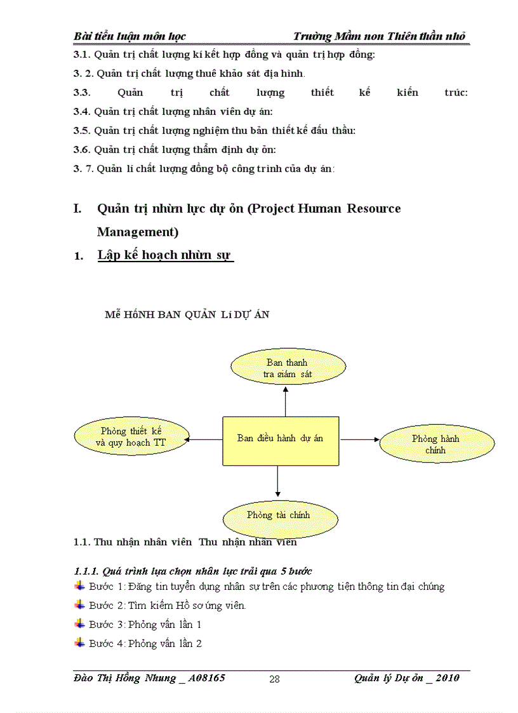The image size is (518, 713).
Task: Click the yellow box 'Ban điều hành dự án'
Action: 280,441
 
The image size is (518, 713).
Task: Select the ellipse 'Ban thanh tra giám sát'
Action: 288,368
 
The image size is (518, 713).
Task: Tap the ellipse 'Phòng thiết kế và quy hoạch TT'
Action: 132,437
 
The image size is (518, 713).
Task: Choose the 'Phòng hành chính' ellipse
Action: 436,444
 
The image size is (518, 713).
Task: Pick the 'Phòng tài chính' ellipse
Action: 279,515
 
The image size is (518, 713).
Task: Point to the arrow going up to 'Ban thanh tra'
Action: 286,401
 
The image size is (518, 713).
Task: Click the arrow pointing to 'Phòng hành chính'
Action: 359,439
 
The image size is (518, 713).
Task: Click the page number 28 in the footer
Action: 274,679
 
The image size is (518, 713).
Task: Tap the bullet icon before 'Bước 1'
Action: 79,585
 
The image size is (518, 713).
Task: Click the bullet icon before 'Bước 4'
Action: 79,643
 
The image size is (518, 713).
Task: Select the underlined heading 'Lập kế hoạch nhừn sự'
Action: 165,255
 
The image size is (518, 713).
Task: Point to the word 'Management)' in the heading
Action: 137,232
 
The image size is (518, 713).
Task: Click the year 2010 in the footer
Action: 447,678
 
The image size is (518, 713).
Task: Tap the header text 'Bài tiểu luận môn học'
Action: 129,36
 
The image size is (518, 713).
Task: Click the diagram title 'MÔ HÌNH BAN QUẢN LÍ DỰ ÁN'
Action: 187,314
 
